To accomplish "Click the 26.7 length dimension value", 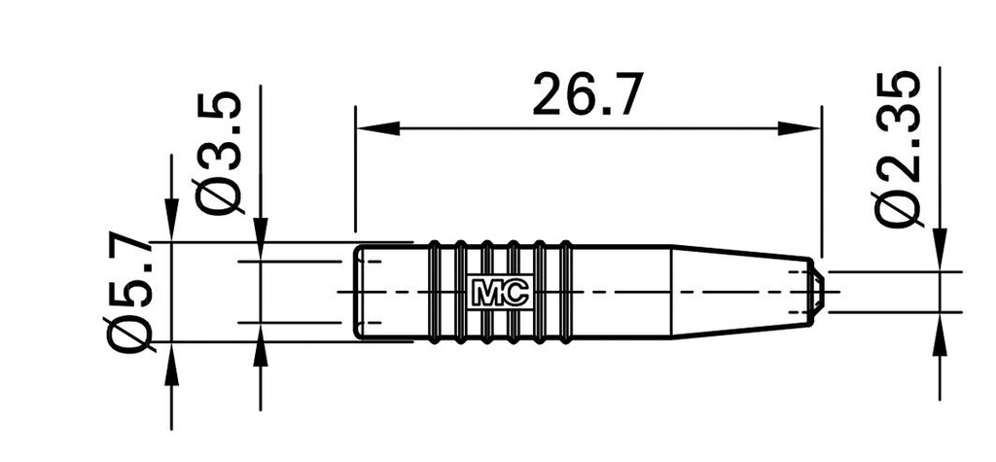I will [x=587, y=95].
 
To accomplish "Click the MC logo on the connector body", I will [x=499, y=292].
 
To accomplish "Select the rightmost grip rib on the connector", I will [x=565, y=291].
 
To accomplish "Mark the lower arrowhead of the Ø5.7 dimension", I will [x=171, y=362].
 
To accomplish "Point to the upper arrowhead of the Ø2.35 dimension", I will [x=940, y=249].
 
